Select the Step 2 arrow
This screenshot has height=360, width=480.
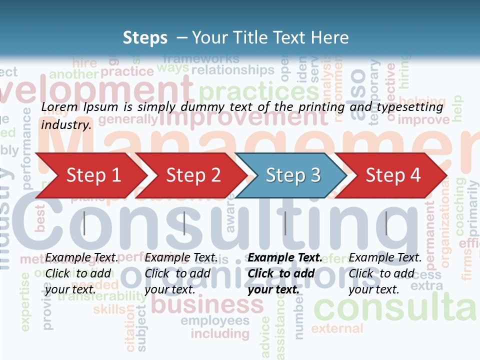click(192, 175)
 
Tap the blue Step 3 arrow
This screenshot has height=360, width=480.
click(292, 175)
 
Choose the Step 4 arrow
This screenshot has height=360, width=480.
click(392, 175)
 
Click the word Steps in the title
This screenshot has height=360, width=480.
click(145, 37)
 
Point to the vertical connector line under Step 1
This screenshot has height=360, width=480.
click(84, 223)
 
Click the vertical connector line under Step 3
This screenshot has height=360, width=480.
click(285, 223)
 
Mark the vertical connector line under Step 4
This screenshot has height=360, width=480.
click(386, 223)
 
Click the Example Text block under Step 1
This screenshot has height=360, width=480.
click(81, 273)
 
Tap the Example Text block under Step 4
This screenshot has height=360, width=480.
click(385, 273)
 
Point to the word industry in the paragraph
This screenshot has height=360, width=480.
click(65, 124)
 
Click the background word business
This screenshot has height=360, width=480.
click(207, 304)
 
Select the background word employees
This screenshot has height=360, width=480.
click(215, 320)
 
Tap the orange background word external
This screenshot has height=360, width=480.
click(337, 328)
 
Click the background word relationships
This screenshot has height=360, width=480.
click(233, 69)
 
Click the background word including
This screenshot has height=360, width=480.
click(220, 333)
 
